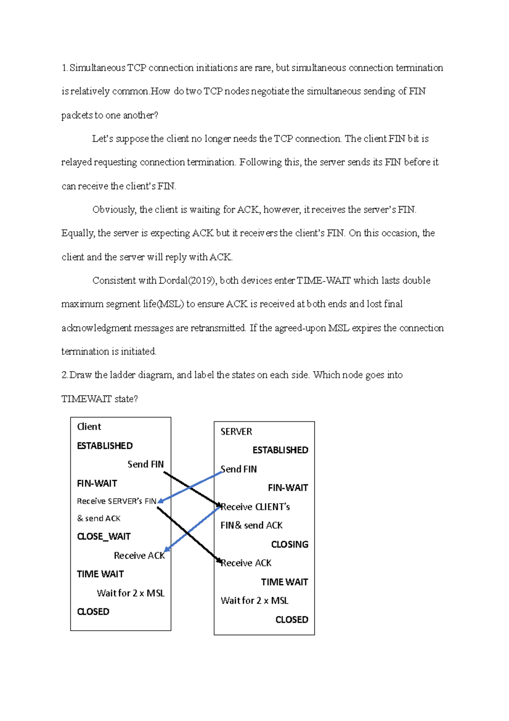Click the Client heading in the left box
(89, 427)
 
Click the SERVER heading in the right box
(236, 432)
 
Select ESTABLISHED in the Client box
(105, 446)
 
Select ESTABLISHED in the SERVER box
(280, 450)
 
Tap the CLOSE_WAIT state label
(104, 537)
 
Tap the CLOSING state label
(290, 544)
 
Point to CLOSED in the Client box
(93, 612)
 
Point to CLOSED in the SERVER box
(292, 620)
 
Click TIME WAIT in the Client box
(101, 574)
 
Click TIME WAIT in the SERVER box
(285, 582)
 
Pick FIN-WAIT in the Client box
(97, 484)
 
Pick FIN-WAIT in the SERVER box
(288, 488)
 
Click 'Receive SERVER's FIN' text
(117, 501)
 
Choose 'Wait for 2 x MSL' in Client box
(131, 593)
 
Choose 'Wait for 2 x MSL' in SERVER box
(255, 601)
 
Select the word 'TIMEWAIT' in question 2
(87, 399)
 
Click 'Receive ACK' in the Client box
(139, 556)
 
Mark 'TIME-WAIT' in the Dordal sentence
(324, 281)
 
